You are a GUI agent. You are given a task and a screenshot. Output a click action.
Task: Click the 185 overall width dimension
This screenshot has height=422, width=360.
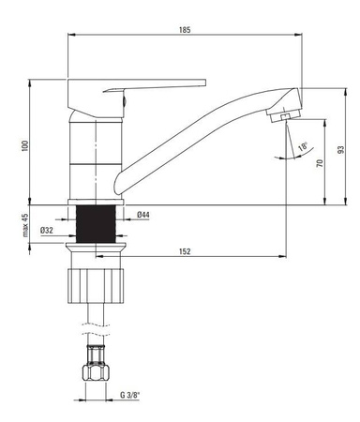(185, 30)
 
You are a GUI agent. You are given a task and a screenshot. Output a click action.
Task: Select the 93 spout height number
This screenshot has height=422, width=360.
(341, 149)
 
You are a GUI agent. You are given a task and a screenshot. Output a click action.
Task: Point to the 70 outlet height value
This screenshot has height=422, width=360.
(320, 163)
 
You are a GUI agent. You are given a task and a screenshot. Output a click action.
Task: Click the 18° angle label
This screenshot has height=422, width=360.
(303, 146)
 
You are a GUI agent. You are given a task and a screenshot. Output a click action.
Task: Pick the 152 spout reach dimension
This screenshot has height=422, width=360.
(185, 251)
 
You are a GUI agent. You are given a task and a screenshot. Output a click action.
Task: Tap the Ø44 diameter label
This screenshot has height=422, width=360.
(143, 215)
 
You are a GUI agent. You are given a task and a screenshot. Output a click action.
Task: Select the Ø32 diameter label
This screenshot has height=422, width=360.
(47, 231)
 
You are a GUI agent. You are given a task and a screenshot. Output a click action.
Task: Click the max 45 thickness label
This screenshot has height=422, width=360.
(25, 225)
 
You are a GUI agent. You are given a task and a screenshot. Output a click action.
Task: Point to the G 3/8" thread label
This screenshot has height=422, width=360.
(130, 395)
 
